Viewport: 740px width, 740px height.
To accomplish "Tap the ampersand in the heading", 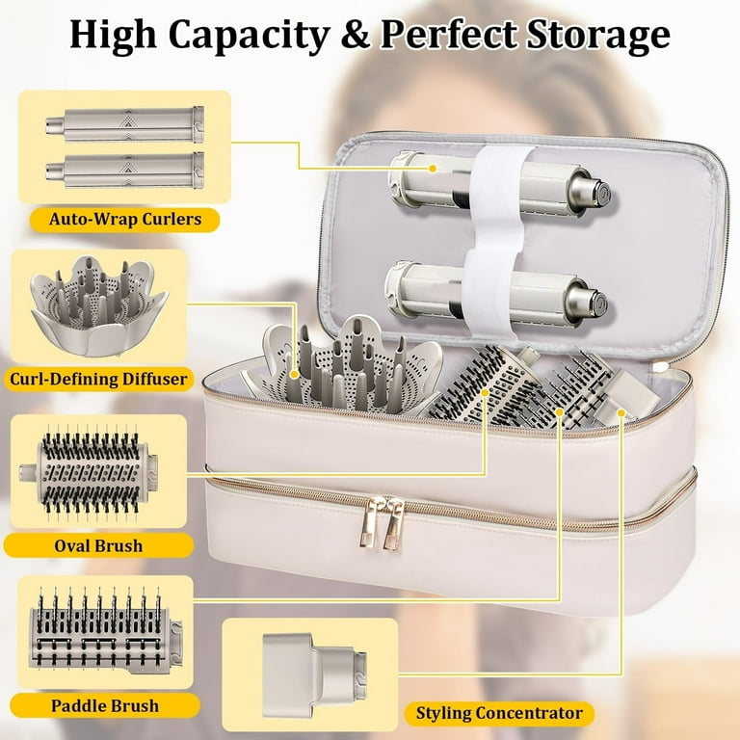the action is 355,35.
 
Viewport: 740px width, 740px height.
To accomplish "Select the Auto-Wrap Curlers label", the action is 125,220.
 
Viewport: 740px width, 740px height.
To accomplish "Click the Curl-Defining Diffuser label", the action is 98,379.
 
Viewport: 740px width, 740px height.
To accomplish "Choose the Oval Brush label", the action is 98,546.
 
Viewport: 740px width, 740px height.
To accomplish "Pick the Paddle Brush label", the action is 105,706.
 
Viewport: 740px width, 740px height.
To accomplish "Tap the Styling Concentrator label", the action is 499,713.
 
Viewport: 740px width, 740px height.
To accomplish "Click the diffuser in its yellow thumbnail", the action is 98,305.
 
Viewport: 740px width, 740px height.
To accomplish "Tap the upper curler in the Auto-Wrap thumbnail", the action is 125,124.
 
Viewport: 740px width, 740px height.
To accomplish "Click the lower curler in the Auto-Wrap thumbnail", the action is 125,171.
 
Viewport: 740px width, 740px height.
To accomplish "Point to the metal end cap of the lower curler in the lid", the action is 587,302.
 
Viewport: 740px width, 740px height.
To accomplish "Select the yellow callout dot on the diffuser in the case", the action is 295,374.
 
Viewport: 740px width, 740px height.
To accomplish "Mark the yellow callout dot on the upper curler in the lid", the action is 433,169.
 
